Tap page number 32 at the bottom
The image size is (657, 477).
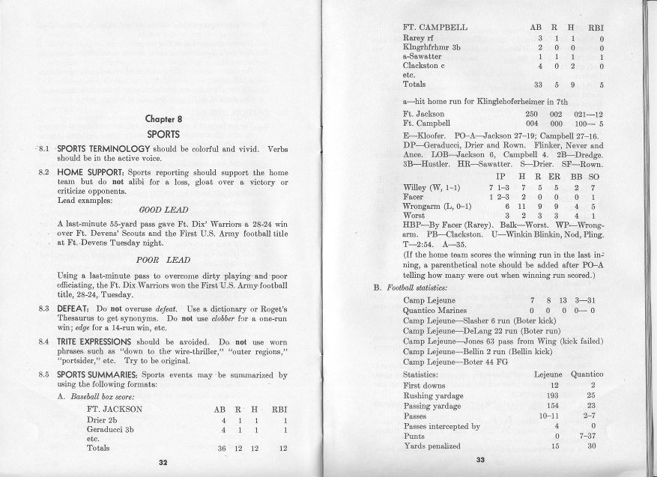[163, 462]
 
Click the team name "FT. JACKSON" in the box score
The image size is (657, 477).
[115, 410]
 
